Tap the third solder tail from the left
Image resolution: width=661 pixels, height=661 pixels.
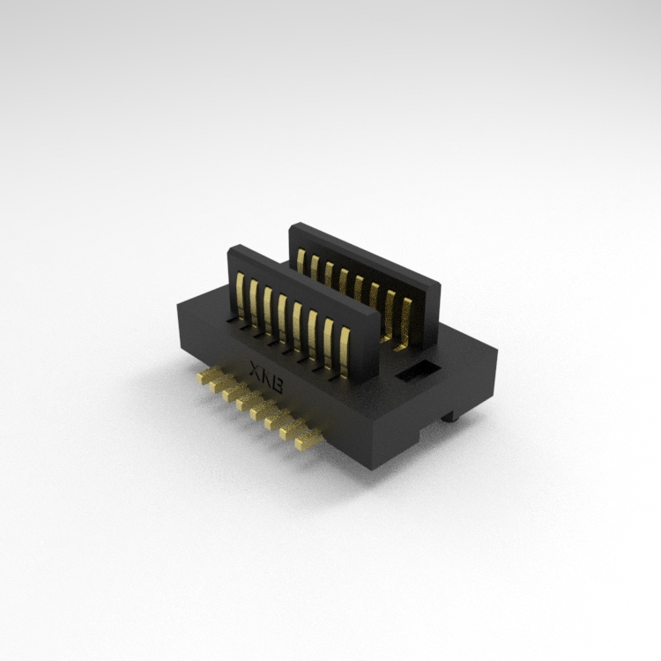point(237,392)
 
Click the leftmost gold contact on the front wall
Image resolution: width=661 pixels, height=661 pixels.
point(241,295)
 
